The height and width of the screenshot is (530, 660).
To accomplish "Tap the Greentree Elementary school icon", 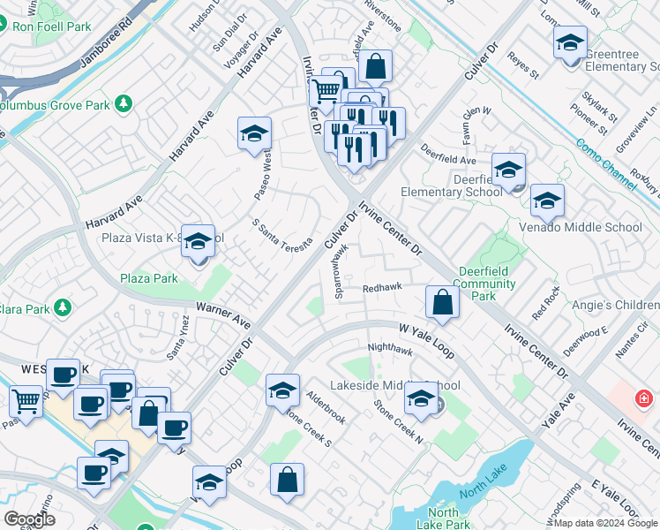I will [x=570, y=42].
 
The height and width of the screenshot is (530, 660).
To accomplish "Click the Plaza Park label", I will [x=149, y=278].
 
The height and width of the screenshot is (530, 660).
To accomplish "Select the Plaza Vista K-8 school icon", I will [x=198, y=240].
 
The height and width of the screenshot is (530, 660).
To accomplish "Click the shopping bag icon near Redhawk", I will [x=442, y=301].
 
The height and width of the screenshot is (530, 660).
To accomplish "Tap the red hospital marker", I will [x=644, y=399].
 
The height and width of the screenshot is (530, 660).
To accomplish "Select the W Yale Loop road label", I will [x=426, y=340].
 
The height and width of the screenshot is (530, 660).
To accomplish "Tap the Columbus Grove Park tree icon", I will [x=124, y=104].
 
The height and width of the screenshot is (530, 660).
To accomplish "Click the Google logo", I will [x=29, y=519].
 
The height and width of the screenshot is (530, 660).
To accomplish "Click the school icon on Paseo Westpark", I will [x=254, y=132].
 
